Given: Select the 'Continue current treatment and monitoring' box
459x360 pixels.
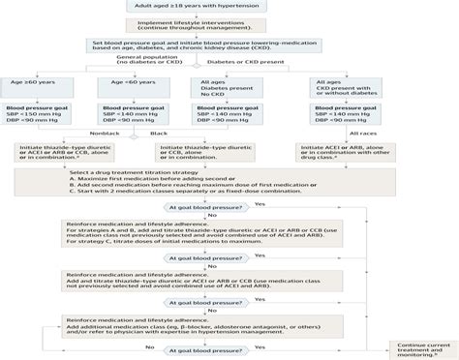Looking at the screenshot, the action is (x=417, y=349).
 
